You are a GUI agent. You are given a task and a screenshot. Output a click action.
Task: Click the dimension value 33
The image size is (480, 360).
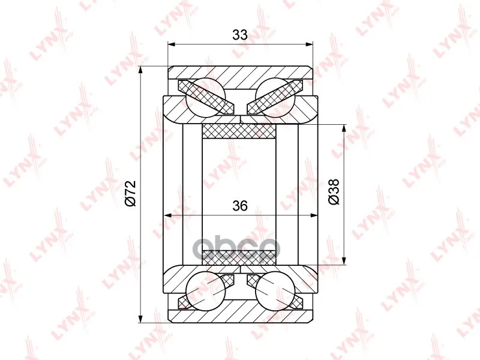(x=239, y=35)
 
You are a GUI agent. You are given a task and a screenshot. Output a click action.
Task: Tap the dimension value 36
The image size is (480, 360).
(x=239, y=206)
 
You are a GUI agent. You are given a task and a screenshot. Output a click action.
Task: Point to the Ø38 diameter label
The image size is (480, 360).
(x=334, y=191)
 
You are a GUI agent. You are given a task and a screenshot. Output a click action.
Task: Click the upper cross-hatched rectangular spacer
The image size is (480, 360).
(x=239, y=131)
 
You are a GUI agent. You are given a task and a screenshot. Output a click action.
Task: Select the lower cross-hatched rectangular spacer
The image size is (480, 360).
(x=239, y=257)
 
